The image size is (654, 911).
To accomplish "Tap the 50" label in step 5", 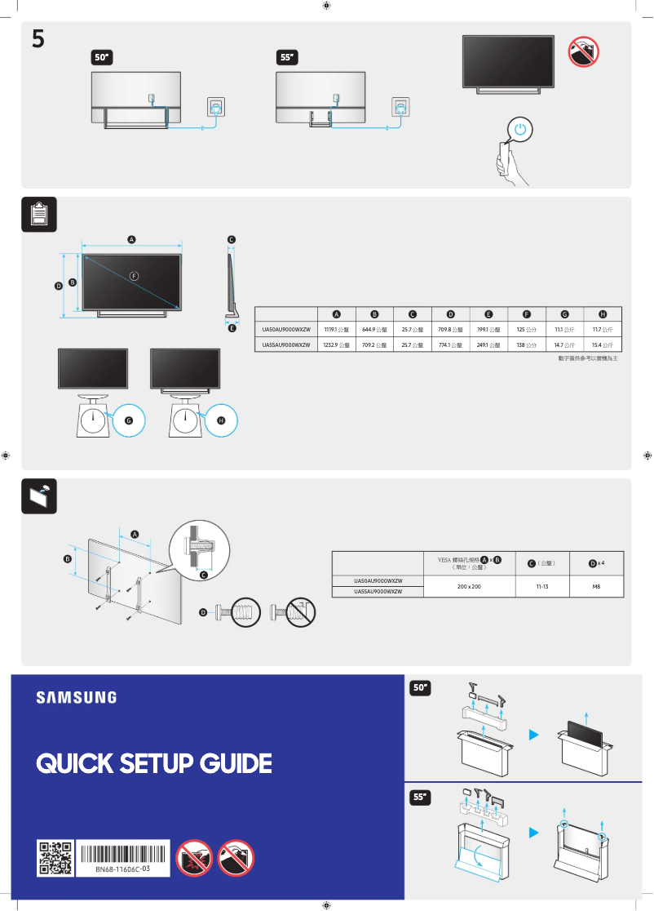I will point(102,58).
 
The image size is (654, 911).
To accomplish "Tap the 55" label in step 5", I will point(288,58).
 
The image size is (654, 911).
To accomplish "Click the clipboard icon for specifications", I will point(38,213).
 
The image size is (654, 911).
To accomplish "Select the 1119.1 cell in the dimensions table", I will point(336,330).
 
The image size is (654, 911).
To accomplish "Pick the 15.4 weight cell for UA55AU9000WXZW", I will point(602,345).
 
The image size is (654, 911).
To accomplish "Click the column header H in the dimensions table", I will point(602,314).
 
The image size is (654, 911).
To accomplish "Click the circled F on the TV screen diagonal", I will point(134,276).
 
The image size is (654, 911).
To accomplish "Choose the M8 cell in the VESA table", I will point(595,586).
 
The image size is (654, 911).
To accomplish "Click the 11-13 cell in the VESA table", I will point(540,586).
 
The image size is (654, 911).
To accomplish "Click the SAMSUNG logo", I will point(76,697).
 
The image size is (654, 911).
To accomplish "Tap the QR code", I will point(55,859).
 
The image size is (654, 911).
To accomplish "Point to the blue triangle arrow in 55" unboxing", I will point(534,833).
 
